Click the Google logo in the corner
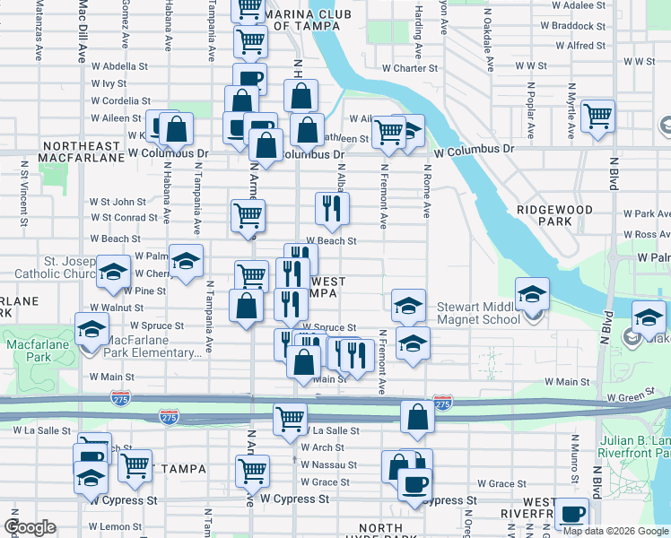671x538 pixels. (30, 527)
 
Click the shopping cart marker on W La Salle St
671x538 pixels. (291, 419)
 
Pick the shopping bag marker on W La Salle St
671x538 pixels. (417, 418)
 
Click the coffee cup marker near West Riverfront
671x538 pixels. (571, 515)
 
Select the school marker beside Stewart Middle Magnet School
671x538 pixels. (532, 294)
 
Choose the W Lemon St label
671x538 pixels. (109, 525)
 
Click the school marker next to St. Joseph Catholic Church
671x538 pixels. (114, 272)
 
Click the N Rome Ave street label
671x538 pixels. (427, 196)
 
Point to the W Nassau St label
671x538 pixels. (329, 465)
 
